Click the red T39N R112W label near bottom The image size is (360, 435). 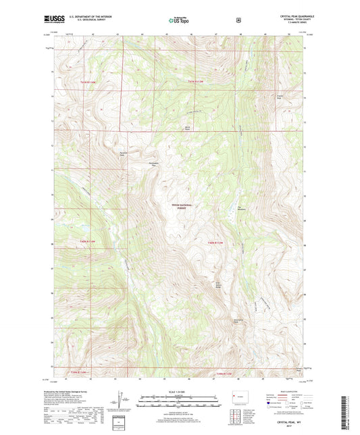[x=224, y=374]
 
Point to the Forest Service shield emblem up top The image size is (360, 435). [x=238, y=20]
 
